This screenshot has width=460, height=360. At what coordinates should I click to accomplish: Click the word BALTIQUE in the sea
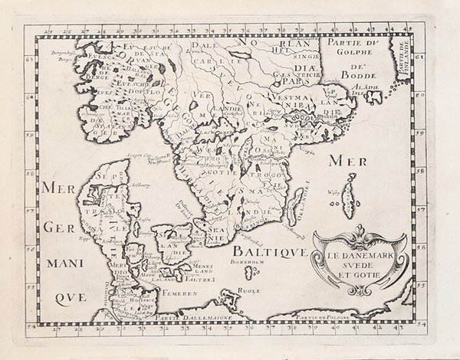coord(261,250)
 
